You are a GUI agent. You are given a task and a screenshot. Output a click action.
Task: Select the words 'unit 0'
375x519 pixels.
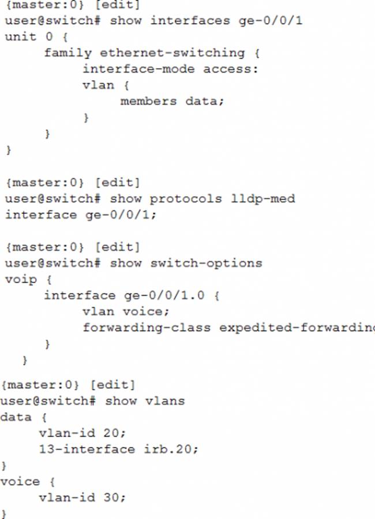coord(28,37)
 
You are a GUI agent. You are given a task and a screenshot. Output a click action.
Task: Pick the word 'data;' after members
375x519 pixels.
coord(204,101)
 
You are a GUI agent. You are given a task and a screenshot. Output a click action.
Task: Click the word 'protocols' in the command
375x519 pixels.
coord(185,199)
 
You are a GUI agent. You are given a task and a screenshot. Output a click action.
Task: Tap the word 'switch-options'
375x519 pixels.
coord(206,264)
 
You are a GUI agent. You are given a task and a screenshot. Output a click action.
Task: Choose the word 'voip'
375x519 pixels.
coord(21,280)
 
